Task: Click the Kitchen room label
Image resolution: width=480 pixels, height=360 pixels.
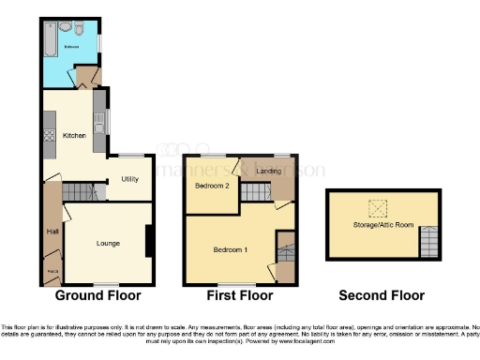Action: [x=74, y=136]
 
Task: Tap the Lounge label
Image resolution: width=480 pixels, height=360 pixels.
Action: [x=108, y=244]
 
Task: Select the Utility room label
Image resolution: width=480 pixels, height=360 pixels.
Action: [x=129, y=180]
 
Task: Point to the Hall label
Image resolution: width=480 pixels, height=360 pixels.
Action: [x=52, y=232]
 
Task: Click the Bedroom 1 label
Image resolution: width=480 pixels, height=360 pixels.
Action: [x=231, y=249]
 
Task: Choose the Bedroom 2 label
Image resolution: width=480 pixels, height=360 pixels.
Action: [x=212, y=186]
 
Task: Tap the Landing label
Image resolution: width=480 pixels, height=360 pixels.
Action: [x=268, y=171]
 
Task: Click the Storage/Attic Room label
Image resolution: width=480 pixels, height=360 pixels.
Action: [x=382, y=225]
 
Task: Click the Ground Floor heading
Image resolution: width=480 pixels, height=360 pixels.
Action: [x=97, y=295]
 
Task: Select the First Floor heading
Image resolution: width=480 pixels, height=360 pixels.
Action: [x=241, y=295]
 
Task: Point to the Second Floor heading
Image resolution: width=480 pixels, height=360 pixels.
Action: [x=382, y=295]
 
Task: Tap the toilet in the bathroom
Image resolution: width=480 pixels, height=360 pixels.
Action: [x=82, y=30]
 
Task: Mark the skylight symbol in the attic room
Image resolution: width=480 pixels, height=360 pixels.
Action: [x=380, y=208]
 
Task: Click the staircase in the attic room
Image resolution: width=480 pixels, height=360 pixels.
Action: [x=428, y=241]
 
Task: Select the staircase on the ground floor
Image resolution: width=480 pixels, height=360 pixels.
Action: [x=80, y=193]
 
